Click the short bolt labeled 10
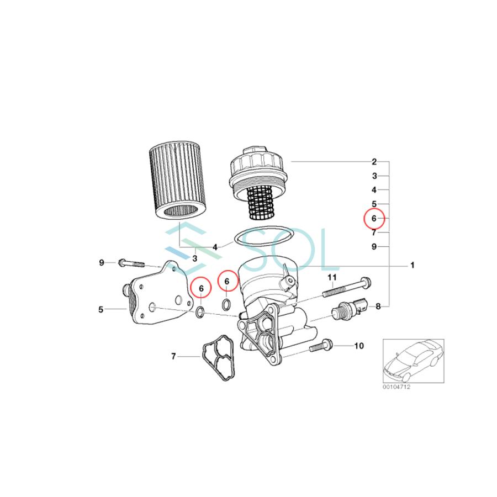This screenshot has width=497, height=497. [x=319, y=346]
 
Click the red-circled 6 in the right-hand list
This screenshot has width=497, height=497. [x=374, y=219]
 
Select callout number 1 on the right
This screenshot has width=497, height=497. [x=412, y=265]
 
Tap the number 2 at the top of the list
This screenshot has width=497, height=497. [x=374, y=162]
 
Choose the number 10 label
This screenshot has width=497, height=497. [x=359, y=346]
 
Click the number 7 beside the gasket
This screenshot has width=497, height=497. [x=173, y=356]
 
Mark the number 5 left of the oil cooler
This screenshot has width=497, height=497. [x=101, y=309]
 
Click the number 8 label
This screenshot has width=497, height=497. [x=378, y=306]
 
